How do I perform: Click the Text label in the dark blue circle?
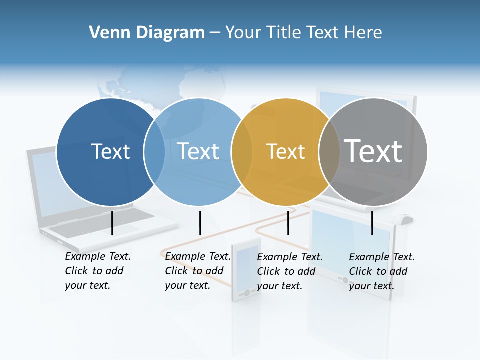110,151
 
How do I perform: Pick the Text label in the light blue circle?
198,151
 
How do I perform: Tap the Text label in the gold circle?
285,152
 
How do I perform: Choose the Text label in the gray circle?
373,151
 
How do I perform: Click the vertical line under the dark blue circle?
112,223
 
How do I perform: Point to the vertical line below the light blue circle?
200,223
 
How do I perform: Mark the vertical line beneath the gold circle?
288,223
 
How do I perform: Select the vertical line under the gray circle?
372,223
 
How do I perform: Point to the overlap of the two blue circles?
154,152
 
